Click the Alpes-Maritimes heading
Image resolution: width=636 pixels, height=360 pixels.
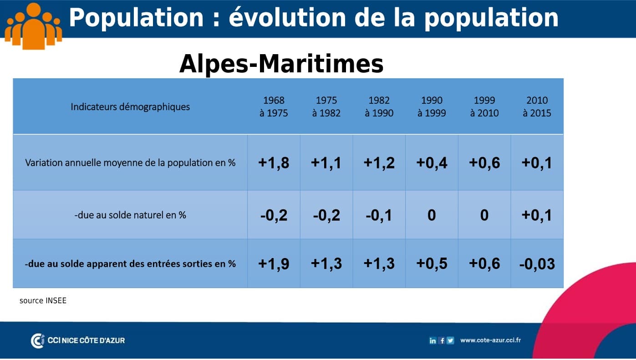pos(281,64)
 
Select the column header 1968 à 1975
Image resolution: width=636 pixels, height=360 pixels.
pos(274,106)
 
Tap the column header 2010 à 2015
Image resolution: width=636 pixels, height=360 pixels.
pos(537,106)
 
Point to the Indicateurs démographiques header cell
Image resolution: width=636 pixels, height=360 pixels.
pos(130,107)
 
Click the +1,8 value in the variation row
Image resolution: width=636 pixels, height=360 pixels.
pos(274,163)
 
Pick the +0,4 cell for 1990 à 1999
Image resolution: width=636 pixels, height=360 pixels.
pos(432,163)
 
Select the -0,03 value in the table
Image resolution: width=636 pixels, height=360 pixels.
pos(537,264)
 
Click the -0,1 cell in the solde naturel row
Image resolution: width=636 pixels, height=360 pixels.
pos(379,215)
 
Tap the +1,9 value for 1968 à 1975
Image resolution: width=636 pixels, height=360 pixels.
pos(274,264)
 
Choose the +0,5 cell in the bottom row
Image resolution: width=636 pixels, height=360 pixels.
pos(432,264)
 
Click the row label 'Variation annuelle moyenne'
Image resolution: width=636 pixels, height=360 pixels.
pos(130,162)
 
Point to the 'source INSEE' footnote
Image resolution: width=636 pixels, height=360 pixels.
pos(43,300)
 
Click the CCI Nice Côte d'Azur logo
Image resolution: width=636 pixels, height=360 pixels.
pos(78,340)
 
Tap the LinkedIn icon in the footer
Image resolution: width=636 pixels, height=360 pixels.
pos(432,340)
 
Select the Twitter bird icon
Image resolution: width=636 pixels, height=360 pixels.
pos(450,340)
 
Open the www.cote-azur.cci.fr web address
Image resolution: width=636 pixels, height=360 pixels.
pos(490,340)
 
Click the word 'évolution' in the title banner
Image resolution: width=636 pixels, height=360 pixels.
pos(287,18)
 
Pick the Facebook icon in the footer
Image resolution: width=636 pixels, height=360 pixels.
pos(442,340)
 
